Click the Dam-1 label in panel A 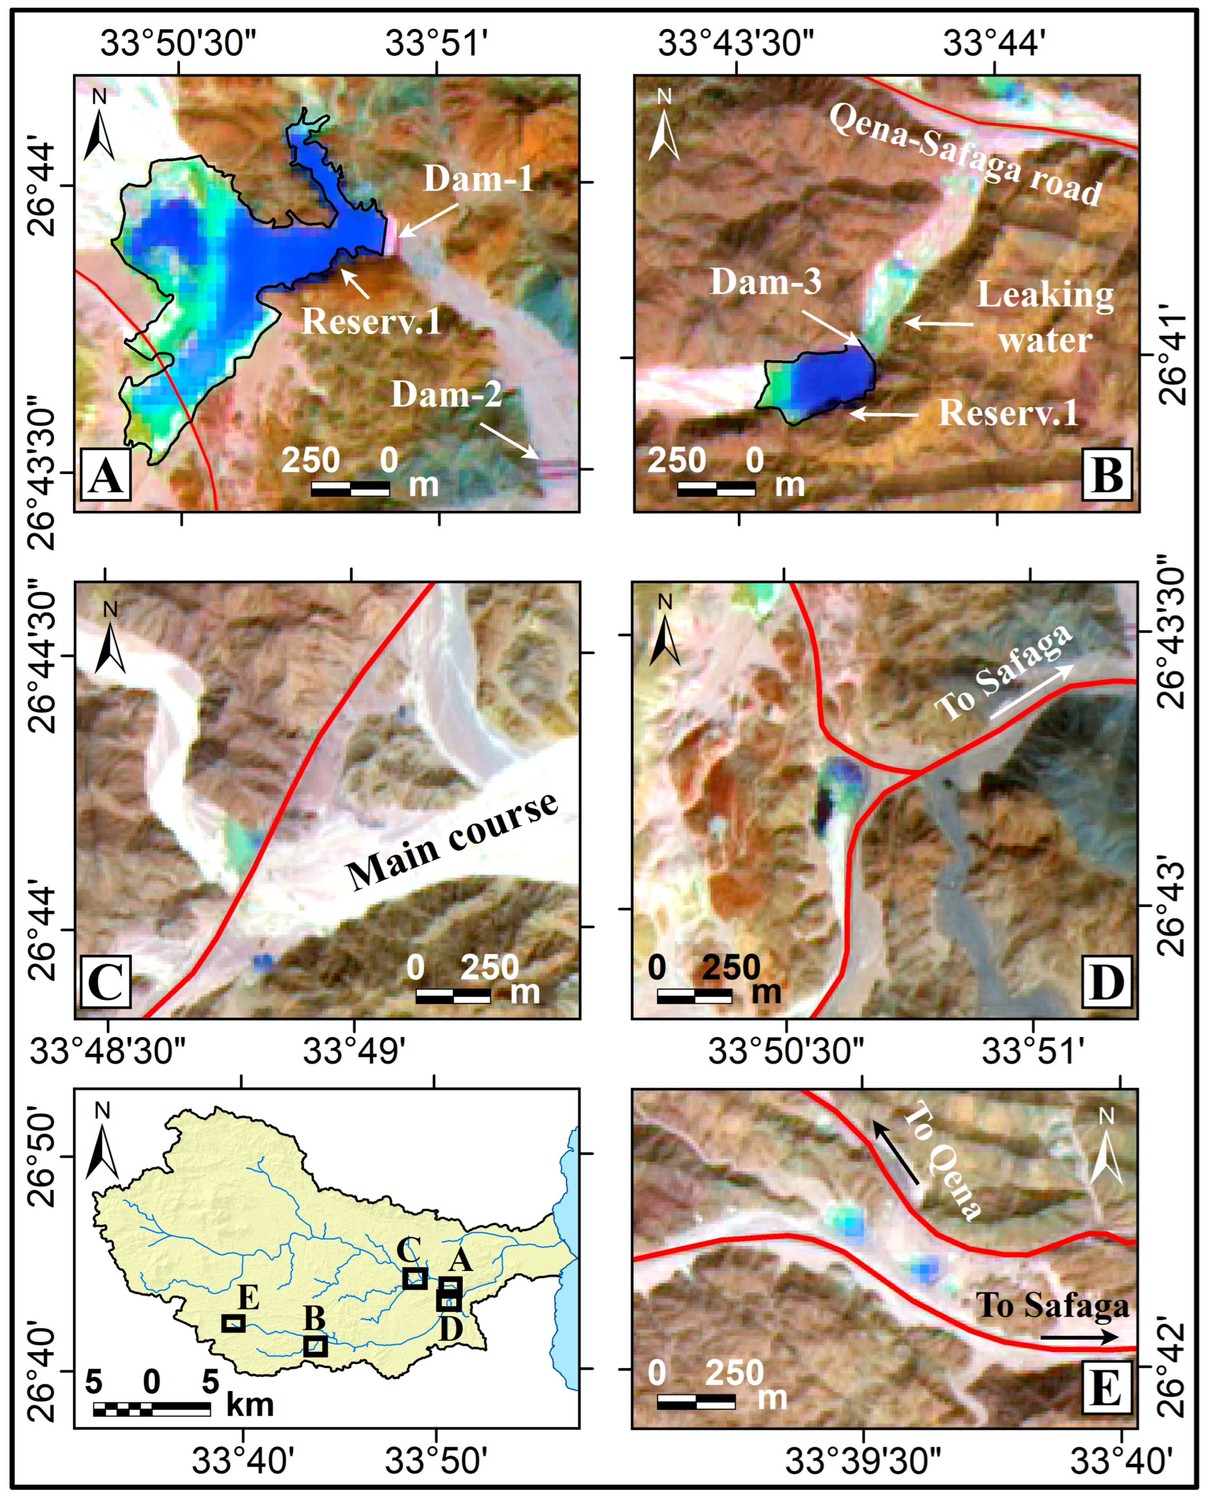(x=478, y=179)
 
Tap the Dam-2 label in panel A (x=447, y=395)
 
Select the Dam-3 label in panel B (x=766, y=282)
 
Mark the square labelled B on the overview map (x=315, y=1346)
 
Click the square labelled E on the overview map (x=233, y=1323)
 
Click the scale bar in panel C (x=453, y=996)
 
